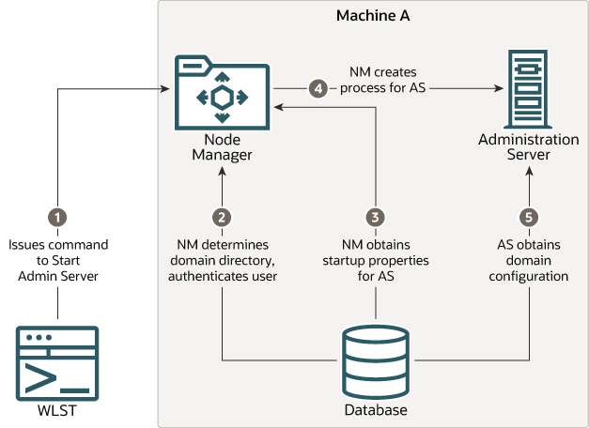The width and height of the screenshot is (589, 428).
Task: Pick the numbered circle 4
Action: coord(318,89)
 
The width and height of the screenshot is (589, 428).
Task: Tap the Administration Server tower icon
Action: coord(528,86)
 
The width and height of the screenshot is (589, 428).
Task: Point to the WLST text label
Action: coord(58,411)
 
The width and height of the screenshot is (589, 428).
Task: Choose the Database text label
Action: coord(376,411)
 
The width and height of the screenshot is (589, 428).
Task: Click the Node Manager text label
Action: coord(222,147)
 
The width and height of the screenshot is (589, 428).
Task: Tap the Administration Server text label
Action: coord(528,147)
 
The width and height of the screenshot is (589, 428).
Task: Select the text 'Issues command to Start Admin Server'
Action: coord(58,261)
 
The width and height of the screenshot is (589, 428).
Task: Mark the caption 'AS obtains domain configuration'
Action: coord(528,261)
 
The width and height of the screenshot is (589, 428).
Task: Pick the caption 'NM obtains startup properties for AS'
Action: coord(376,261)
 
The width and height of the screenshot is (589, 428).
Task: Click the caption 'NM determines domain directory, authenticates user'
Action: coord(222,261)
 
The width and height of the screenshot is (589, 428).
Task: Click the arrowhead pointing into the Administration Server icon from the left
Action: coord(491,89)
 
